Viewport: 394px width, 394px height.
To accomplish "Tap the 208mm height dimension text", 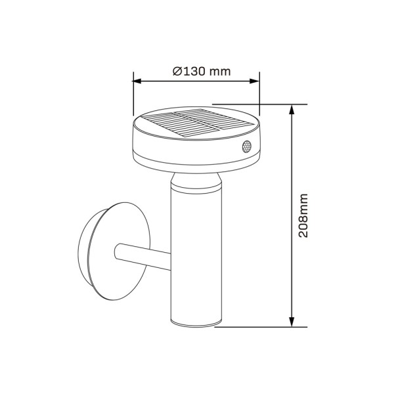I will pyautogui.click(x=303, y=216).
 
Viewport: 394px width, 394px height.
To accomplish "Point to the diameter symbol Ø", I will pyautogui.click(x=177, y=72).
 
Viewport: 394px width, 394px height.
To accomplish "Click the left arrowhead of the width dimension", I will pyautogui.click(x=137, y=81).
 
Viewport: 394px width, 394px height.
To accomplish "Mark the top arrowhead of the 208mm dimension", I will pyautogui.click(x=291, y=109).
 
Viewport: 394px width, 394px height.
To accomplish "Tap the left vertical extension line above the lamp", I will pyautogui.click(x=133, y=92).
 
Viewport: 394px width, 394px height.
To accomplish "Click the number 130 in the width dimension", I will pyautogui.click(x=195, y=72).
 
